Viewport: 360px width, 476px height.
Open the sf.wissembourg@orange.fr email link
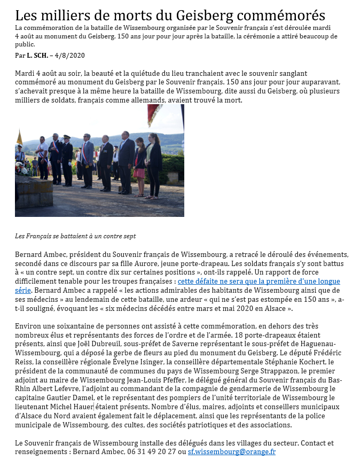(x=231, y=451)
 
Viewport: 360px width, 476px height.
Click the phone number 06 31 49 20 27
(x=145, y=451)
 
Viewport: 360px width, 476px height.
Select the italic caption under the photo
(x=75, y=236)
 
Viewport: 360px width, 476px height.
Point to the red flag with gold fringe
(x=153, y=112)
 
